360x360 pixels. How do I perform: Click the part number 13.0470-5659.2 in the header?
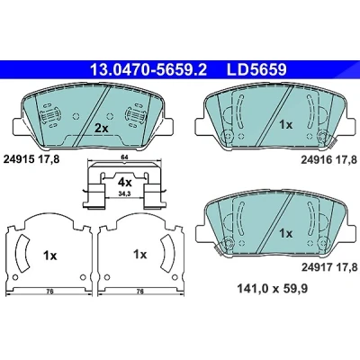148,70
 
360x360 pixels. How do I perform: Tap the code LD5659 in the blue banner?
257,70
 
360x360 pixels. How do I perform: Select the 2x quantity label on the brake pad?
101,129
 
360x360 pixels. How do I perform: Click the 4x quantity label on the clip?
124,182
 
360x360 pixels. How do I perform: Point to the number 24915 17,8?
31,159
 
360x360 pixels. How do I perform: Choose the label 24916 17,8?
329,160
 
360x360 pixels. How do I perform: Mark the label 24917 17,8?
329,266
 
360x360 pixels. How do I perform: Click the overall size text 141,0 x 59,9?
273,289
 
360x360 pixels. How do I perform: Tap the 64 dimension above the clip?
124,157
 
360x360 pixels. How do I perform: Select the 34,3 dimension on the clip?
124,194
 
